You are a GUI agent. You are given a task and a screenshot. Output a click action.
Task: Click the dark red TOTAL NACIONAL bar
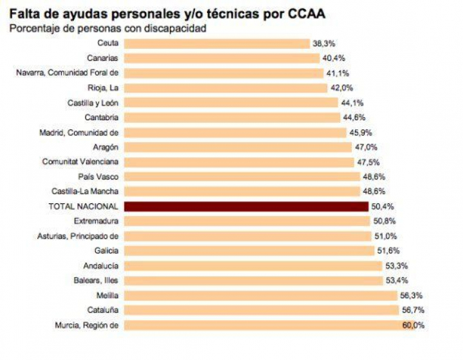[x=246, y=206]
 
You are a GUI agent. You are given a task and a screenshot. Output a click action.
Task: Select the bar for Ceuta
[x=217, y=43]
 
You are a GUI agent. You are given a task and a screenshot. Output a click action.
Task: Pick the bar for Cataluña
[x=260, y=310]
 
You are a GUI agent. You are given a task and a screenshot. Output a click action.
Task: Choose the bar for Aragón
[x=237, y=147]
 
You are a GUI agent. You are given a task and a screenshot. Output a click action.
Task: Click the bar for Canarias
[x=222, y=59]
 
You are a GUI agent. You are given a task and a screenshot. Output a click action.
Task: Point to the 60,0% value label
[x=413, y=325]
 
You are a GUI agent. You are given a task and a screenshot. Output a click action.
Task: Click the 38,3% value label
[x=323, y=44]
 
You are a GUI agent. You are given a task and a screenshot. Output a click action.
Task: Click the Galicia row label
[x=106, y=251]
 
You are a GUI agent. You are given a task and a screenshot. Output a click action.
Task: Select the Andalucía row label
[x=101, y=265]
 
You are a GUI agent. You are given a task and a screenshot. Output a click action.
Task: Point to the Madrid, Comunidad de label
[x=79, y=132]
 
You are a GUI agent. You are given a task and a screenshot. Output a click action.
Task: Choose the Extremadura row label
[x=96, y=221]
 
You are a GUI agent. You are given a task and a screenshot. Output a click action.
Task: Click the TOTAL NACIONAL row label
[x=84, y=206]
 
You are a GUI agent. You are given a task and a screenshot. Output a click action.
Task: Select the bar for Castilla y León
[x=230, y=103]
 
